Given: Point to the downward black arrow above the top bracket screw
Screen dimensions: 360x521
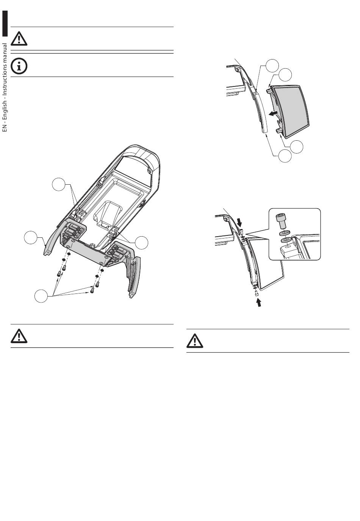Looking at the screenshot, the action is (238, 221).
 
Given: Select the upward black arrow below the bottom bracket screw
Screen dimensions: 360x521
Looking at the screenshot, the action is (259, 302).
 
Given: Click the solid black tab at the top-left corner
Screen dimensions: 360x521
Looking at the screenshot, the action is (5, 24).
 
